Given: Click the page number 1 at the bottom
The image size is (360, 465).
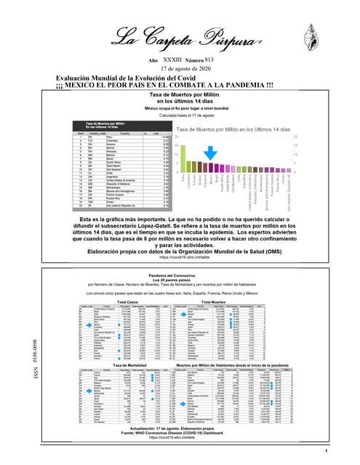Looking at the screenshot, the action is point(329,451).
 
